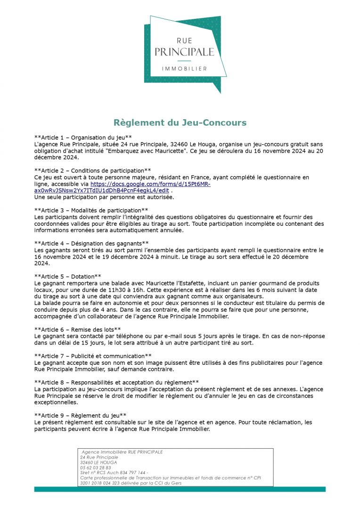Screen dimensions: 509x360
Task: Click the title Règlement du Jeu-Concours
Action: (x=180, y=123)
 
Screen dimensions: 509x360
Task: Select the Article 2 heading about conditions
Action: (x=92, y=170)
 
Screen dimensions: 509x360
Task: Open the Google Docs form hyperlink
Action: (x=150, y=184)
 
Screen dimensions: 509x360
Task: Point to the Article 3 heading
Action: (x=91, y=210)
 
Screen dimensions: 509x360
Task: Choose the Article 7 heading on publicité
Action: (x=93, y=356)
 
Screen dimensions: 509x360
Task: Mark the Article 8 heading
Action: (x=117, y=382)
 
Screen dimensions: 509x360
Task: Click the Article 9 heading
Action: (x=80, y=415)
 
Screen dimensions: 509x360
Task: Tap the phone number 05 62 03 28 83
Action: (x=96, y=468)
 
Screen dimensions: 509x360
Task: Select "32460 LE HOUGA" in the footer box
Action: (x=98, y=462)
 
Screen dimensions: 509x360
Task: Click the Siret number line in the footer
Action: (x=114, y=473)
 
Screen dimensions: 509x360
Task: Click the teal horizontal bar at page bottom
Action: (x=180, y=489)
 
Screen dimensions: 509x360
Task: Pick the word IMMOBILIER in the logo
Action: (x=184, y=69)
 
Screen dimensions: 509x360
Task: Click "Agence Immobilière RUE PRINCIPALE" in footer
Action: (x=122, y=452)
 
